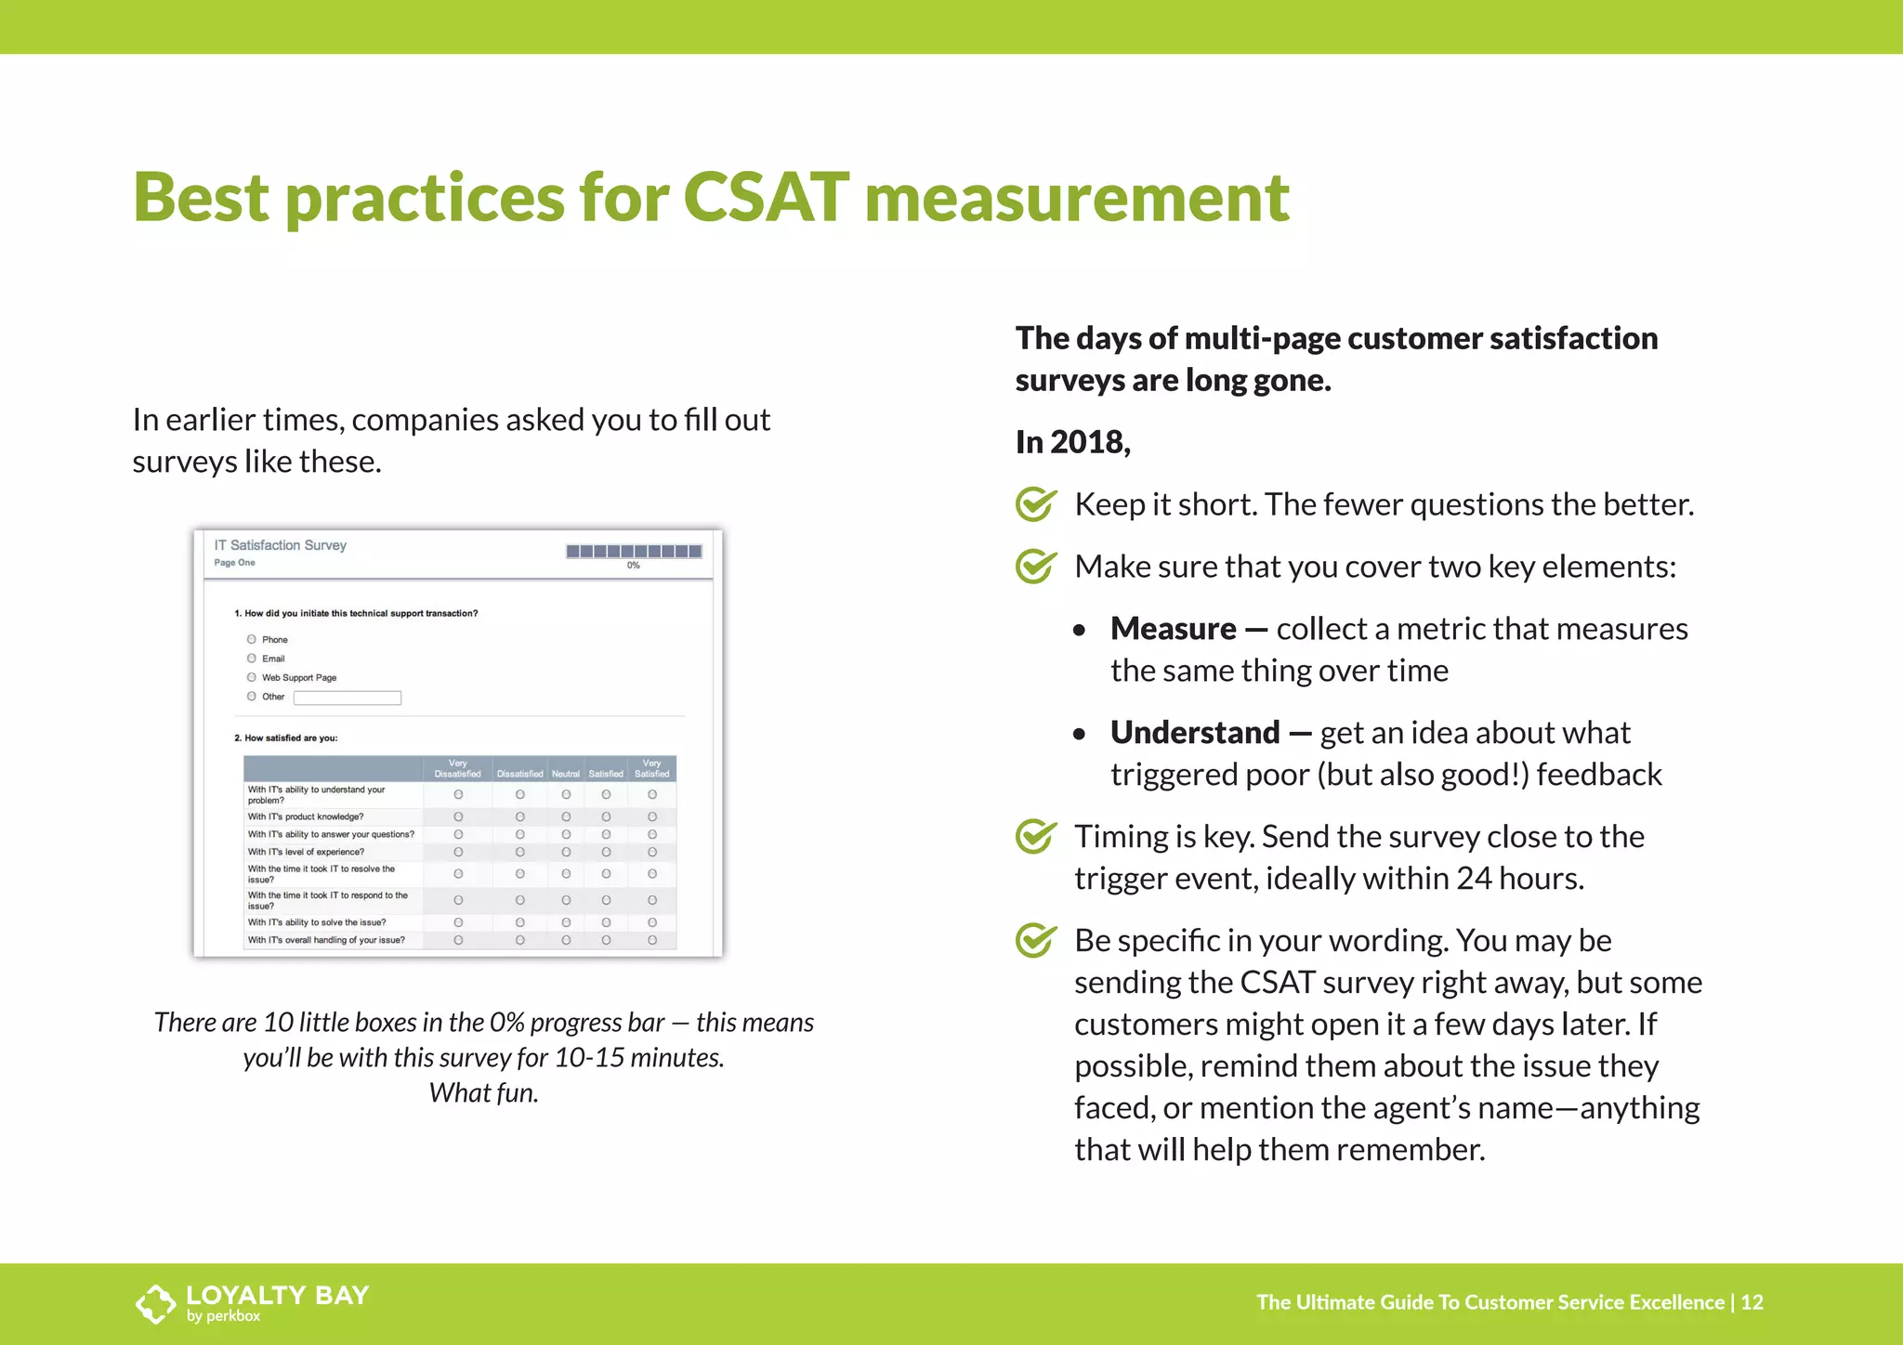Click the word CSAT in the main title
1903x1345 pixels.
click(766, 197)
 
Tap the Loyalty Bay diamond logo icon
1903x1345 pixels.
click(155, 1303)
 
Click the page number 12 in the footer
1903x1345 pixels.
click(1752, 1302)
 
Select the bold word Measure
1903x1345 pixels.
click(1173, 629)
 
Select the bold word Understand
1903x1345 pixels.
click(1195, 733)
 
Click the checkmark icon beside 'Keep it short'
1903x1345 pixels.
click(1035, 504)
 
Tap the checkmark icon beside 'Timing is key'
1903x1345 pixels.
click(1035, 837)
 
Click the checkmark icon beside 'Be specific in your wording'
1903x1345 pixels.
click(1035, 941)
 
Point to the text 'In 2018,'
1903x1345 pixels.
click(1072, 442)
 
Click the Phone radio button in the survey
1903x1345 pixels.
click(252, 639)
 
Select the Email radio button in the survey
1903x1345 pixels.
click(252, 659)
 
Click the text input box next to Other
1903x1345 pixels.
click(347, 698)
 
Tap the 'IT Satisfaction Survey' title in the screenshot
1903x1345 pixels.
click(280, 545)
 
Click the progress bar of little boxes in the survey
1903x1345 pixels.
click(634, 551)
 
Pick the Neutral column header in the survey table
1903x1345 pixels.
click(565, 773)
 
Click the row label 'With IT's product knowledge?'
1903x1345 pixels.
click(306, 816)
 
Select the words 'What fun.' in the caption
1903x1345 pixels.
click(483, 1093)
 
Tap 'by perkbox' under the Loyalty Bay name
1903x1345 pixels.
click(223, 1316)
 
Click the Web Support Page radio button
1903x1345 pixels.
click(252, 677)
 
